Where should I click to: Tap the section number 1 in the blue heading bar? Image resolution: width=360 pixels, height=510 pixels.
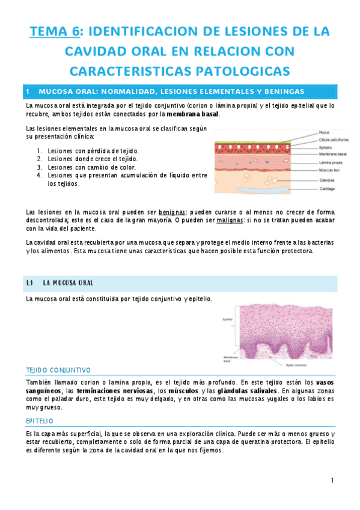click(x=28, y=91)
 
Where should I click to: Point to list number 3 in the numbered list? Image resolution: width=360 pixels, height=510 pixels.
click(x=39, y=167)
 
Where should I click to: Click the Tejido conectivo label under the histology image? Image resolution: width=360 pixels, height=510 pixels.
click(x=296, y=364)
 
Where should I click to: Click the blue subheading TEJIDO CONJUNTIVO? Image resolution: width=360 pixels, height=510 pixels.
click(x=58, y=370)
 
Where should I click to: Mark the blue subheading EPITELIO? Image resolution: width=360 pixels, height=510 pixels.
click(x=40, y=421)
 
